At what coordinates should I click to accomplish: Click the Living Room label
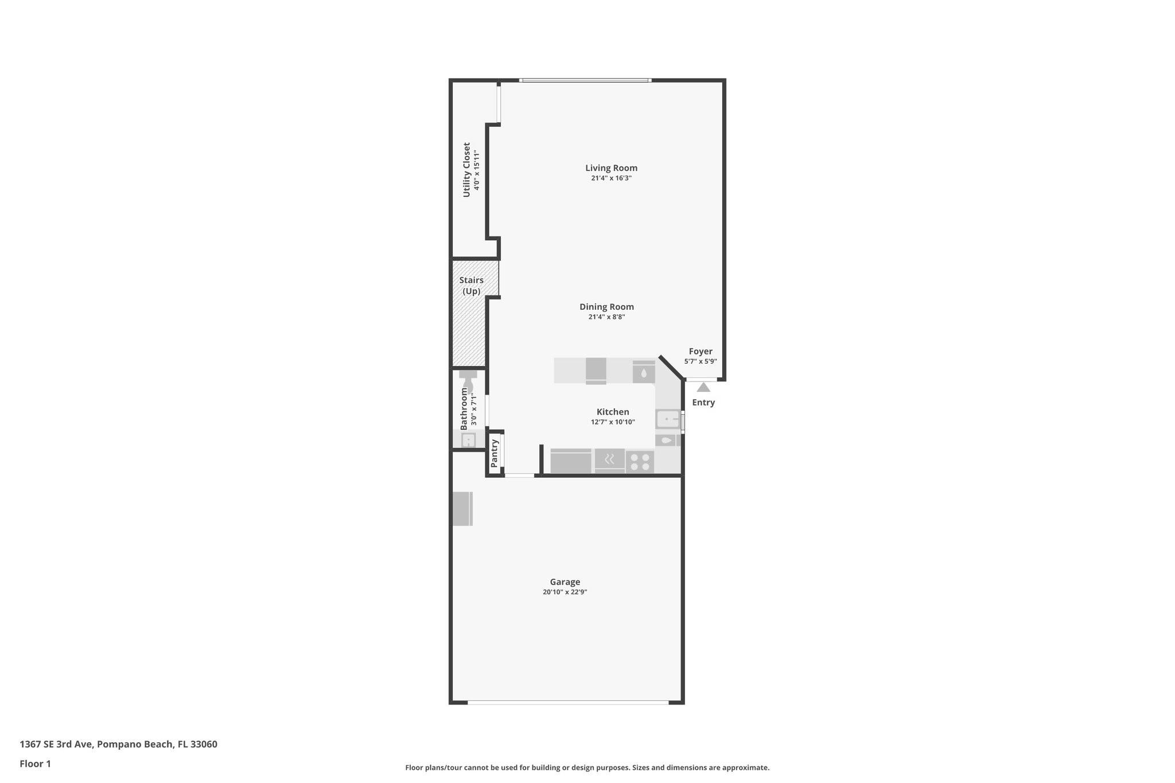click(x=611, y=168)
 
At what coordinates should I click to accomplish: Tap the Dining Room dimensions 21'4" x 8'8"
click(x=606, y=317)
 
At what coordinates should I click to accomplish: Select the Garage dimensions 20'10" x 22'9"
click(x=565, y=592)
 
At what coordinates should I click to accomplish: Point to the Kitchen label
click(x=613, y=412)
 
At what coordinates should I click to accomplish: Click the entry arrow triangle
click(x=703, y=388)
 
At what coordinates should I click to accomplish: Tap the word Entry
click(x=703, y=403)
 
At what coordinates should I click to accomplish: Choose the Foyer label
click(x=701, y=352)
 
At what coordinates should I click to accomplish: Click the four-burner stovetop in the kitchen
click(x=640, y=462)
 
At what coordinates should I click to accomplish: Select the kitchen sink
click(x=667, y=419)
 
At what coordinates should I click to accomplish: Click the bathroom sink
click(x=469, y=441)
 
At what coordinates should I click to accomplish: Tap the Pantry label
click(x=495, y=453)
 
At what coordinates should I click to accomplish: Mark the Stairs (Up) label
click(x=472, y=286)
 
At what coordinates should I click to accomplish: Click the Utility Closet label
click(x=466, y=170)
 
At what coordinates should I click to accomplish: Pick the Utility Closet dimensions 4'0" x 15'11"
click(x=476, y=170)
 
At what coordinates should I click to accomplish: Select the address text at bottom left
click(x=119, y=745)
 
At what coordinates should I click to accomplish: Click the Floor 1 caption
click(x=36, y=764)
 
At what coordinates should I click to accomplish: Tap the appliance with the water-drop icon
click(x=644, y=372)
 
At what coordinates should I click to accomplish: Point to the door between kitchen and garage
click(x=519, y=476)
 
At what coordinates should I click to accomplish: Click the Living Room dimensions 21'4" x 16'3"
click(x=611, y=178)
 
